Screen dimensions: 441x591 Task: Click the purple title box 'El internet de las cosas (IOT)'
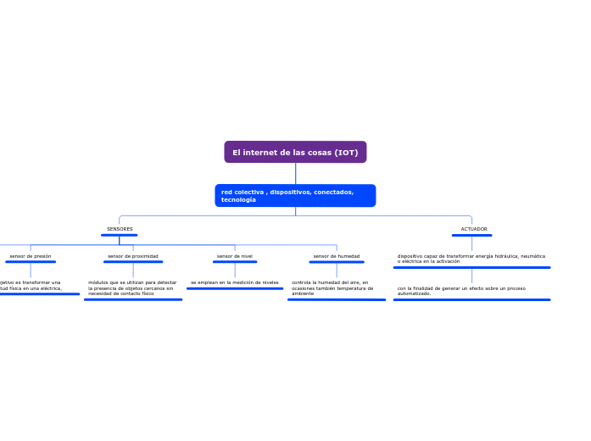(295, 153)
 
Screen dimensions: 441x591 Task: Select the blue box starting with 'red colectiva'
(295, 196)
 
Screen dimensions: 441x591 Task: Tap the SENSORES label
(120, 229)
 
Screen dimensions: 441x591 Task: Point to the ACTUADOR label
(473, 229)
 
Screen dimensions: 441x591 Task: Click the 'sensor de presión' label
(31, 256)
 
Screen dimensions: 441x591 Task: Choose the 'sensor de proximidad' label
(133, 256)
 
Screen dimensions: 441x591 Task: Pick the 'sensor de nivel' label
(235, 256)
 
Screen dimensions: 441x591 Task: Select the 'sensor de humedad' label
(337, 256)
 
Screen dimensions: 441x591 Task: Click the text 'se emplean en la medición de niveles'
(235, 282)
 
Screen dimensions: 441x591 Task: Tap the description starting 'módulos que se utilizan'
(132, 287)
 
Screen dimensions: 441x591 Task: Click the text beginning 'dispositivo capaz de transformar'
(471, 259)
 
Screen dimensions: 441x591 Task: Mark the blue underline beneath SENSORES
(120, 235)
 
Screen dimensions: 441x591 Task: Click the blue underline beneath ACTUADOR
(472, 235)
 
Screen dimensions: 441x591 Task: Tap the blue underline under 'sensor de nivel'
(235, 262)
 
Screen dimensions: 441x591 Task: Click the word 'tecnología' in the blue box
(238, 200)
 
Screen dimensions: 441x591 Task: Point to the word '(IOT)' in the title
(346, 153)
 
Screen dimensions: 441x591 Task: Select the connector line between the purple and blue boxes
(295, 173)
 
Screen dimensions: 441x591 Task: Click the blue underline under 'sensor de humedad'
(337, 262)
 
